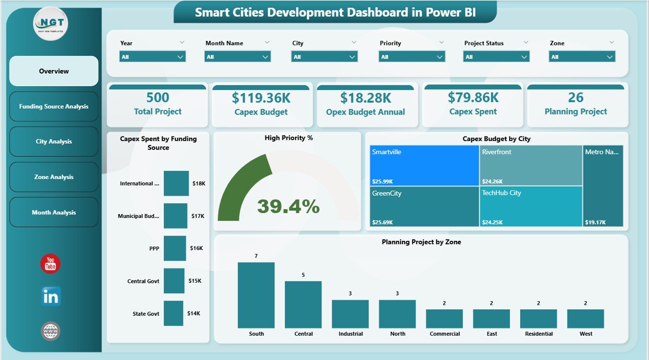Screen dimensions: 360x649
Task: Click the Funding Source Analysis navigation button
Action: point(54,106)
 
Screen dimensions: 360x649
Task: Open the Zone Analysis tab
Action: point(54,177)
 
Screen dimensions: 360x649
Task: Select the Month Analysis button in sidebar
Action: point(54,212)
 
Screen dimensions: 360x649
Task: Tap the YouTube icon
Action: point(50,264)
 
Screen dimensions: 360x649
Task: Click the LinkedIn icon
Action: point(51,297)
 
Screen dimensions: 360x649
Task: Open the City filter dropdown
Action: point(324,57)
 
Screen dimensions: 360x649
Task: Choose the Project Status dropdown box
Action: point(496,57)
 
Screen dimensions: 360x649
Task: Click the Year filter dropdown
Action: point(153,57)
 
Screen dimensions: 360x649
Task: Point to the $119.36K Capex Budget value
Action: point(261,97)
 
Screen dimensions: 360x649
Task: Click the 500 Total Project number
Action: point(158,97)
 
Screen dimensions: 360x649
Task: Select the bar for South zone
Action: point(256,295)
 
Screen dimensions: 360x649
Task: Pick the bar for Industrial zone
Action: point(350,314)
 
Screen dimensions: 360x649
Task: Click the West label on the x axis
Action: point(586,334)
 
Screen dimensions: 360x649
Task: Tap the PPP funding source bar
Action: point(175,248)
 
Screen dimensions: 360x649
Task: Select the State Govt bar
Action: point(173,313)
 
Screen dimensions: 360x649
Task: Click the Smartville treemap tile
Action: point(424,165)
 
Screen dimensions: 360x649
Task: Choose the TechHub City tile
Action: point(530,206)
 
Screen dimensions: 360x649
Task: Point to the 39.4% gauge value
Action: point(288,206)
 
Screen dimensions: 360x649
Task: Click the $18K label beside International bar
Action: point(199,184)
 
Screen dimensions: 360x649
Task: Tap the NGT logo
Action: point(51,23)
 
